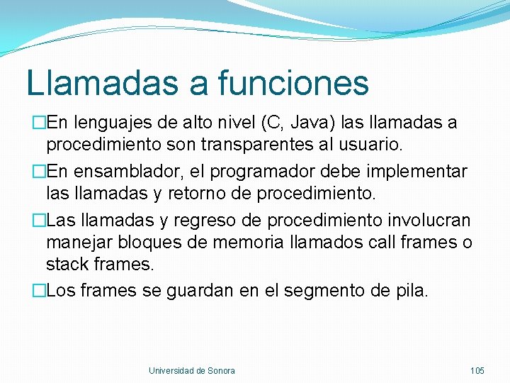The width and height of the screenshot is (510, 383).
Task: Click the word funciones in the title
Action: click(x=293, y=82)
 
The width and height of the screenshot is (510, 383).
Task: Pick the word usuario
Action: click(x=373, y=145)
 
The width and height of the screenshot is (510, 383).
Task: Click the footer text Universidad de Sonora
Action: click(x=191, y=370)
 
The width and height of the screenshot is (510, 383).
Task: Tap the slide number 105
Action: click(x=477, y=370)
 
